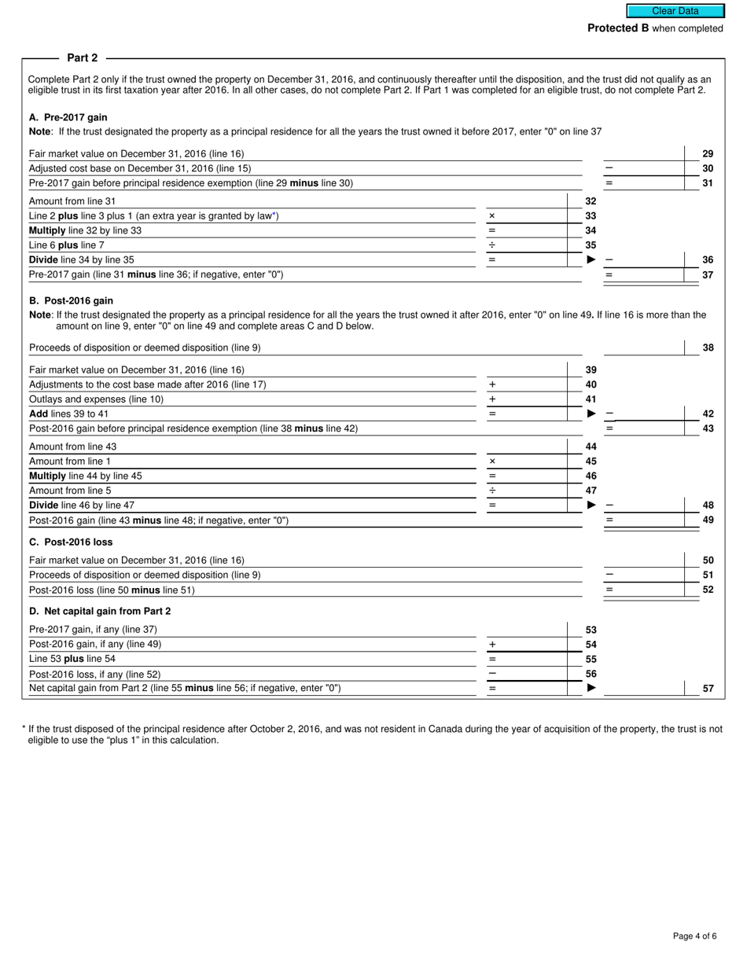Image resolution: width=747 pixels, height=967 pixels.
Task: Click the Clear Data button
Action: point(675,11)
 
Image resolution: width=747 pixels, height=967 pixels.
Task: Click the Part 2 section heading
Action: point(83,57)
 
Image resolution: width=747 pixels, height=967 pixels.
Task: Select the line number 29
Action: point(708,153)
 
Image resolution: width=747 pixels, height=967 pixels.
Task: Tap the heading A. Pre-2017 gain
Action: point(68,117)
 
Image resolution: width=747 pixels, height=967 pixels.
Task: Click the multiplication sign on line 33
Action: point(492,215)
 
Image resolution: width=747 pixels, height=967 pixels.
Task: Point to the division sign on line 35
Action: point(492,245)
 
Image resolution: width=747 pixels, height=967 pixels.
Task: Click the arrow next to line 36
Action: point(591,259)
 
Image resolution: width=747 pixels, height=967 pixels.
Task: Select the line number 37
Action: point(708,274)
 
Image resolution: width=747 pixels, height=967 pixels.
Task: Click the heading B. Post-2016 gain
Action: point(71,300)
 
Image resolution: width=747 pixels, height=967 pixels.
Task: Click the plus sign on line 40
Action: point(492,384)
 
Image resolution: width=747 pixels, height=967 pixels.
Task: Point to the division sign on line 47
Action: point(492,490)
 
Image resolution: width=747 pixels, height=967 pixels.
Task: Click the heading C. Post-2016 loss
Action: point(71,542)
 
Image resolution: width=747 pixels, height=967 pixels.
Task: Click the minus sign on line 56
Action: point(492,674)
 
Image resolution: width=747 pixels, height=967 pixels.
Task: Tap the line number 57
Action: point(708,688)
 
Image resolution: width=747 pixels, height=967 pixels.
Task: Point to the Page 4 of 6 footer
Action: point(694,936)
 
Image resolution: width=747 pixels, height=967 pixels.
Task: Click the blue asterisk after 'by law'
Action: point(275,215)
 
